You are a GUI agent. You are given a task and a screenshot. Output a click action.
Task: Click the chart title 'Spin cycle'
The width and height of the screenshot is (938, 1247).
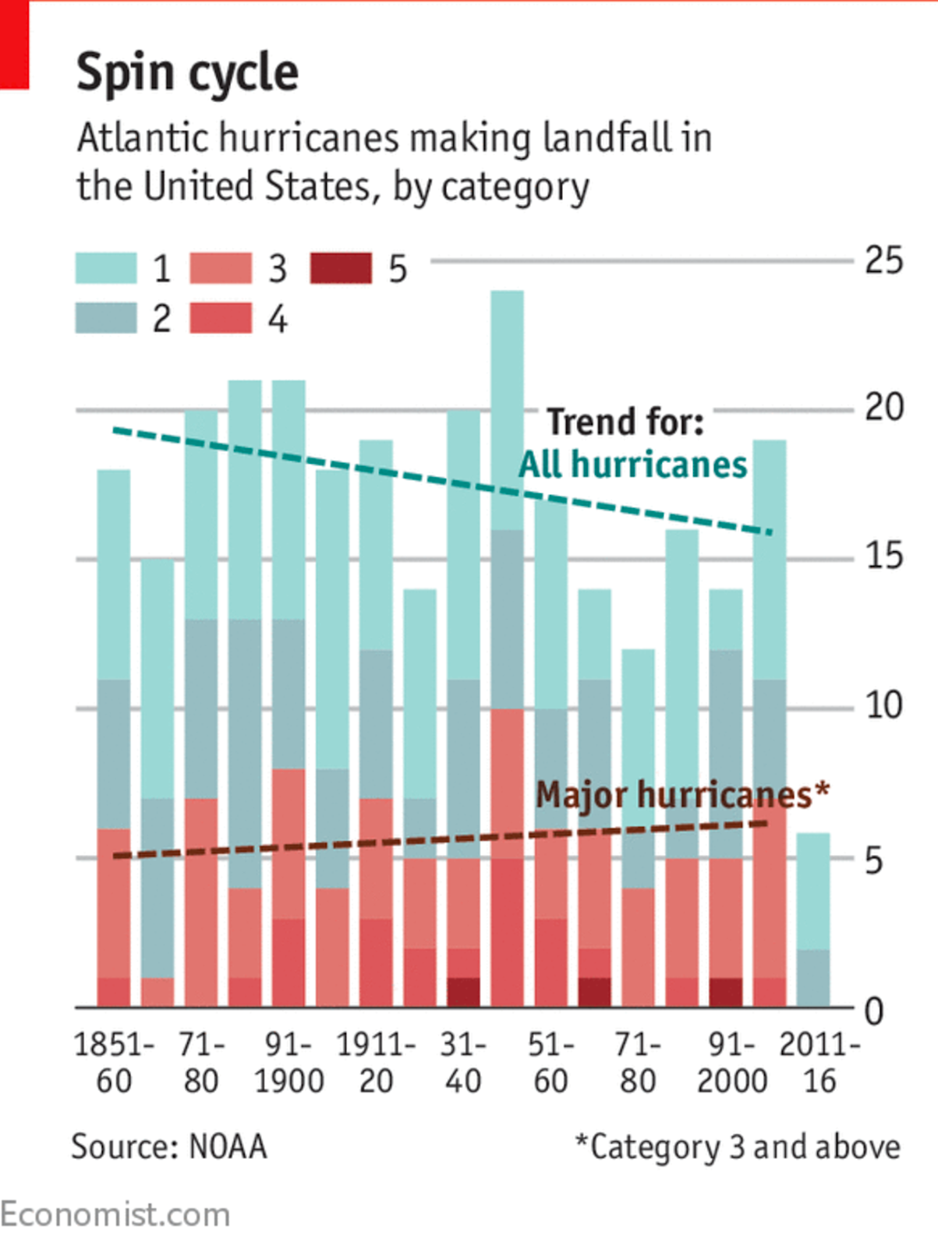[187, 72]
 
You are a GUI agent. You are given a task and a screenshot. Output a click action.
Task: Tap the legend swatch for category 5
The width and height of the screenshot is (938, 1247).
[340, 268]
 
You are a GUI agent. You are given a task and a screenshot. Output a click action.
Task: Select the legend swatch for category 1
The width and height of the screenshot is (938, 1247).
[106, 268]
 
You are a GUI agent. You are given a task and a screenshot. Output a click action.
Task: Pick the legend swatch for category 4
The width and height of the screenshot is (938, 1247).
[221, 318]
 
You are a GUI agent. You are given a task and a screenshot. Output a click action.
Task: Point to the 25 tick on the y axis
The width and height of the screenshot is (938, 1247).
[883, 260]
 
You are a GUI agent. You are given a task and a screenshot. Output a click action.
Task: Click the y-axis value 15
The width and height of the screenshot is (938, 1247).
[883, 556]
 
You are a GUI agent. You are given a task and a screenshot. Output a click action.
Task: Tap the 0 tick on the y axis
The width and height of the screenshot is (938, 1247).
[874, 1011]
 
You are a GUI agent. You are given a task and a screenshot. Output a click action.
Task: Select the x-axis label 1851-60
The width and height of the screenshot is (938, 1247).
[114, 1062]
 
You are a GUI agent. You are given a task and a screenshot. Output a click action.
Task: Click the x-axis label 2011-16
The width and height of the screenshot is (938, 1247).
[819, 1062]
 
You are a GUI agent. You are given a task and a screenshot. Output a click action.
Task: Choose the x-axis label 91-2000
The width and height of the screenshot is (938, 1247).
[731, 1062]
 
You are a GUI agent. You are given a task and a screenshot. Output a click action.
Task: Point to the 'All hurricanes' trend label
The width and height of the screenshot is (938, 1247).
[633, 465]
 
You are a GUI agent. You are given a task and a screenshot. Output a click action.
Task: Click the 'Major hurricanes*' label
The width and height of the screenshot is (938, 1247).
[682, 795]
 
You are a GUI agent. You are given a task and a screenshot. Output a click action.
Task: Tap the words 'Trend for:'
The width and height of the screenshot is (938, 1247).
[625, 422]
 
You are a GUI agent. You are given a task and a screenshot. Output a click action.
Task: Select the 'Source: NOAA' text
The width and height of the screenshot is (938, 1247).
[169, 1147]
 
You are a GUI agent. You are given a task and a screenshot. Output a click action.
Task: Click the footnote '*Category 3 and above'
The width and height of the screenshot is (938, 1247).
[738, 1147]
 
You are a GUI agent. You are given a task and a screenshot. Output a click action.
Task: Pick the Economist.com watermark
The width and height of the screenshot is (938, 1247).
[115, 1215]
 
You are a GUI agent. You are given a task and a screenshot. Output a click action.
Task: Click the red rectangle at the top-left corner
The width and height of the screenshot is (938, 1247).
[14, 44]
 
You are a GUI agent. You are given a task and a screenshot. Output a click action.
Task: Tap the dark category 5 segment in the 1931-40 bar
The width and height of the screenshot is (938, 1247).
[463, 992]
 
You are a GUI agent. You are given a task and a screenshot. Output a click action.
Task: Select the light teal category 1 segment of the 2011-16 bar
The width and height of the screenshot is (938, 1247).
[813, 892]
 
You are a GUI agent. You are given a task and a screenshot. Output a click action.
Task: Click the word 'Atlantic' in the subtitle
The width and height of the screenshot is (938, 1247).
[143, 138]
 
